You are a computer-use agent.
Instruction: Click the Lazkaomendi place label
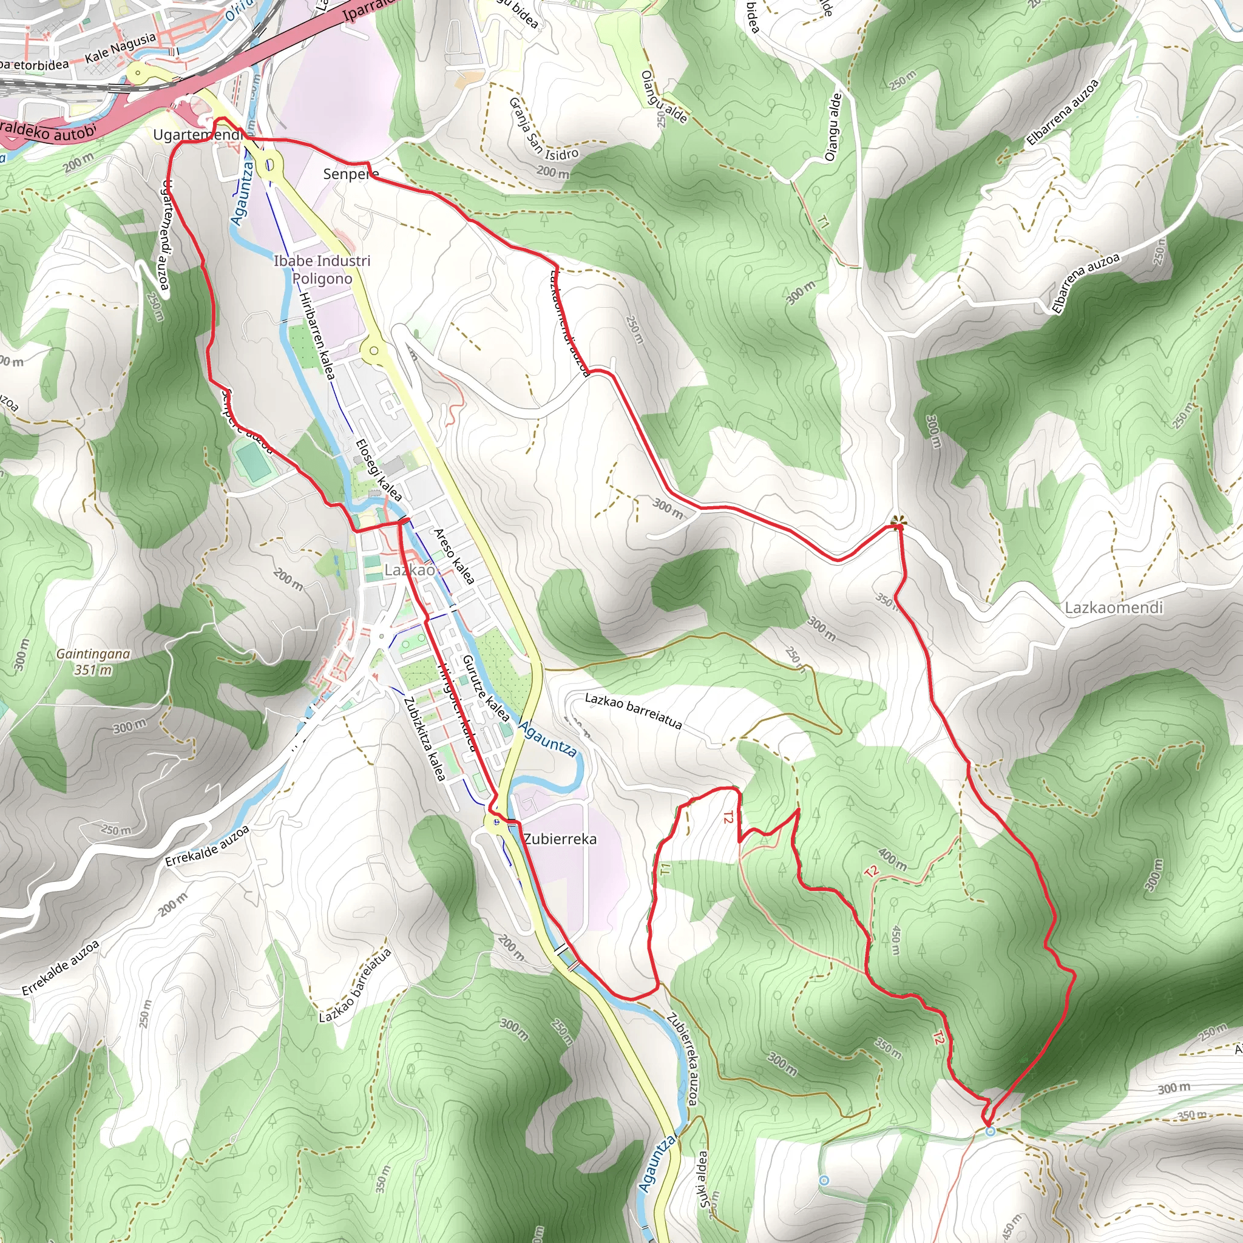tap(1114, 608)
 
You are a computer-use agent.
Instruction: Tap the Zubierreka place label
tap(560, 839)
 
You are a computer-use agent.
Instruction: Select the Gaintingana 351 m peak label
tap(93, 662)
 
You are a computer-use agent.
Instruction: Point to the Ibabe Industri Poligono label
tap(322, 269)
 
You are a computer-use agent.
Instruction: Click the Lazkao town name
tap(409, 570)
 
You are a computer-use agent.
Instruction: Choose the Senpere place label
tap(351, 174)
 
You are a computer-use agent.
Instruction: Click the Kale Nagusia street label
tap(121, 49)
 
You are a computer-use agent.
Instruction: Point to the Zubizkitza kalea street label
tap(425, 739)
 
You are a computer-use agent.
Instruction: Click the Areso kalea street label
tap(454, 557)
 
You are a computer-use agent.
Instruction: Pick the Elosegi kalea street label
tap(379, 470)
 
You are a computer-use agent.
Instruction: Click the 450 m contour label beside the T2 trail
tap(895, 941)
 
